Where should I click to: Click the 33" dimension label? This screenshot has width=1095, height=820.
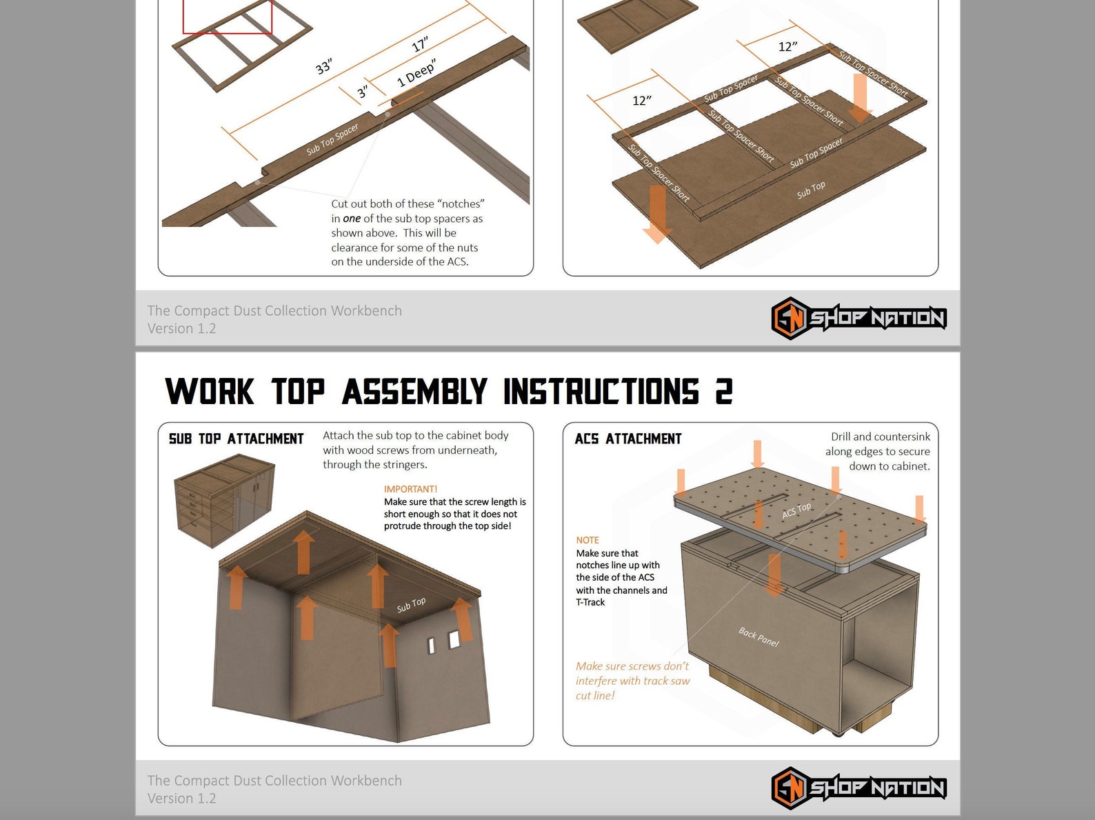tap(323, 67)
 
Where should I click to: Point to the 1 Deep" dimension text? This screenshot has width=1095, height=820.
tap(416, 74)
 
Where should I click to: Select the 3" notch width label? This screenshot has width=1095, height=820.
tap(363, 92)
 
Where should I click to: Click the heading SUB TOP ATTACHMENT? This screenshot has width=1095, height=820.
tap(236, 439)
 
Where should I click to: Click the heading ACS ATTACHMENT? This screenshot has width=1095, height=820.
tap(627, 439)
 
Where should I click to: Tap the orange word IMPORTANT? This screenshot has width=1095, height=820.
tap(410, 489)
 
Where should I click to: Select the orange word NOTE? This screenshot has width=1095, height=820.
tap(587, 540)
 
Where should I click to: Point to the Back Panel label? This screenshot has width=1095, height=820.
tap(759, 637)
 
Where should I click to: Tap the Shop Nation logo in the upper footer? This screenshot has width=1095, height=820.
tap(858, 318)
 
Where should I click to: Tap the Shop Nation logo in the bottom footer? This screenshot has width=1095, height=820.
tap(858, 788)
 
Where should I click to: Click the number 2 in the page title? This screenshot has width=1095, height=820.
tap(723, 392)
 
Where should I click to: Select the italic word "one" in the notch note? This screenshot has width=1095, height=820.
tap(352, 219)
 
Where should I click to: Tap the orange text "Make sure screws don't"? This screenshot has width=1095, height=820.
tap(632, 666)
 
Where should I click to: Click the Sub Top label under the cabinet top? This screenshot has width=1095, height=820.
tap(411, 605)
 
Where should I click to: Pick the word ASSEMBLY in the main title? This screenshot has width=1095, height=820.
tap(414, 392)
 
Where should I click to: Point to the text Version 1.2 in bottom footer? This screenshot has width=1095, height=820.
tap(181, 799)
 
